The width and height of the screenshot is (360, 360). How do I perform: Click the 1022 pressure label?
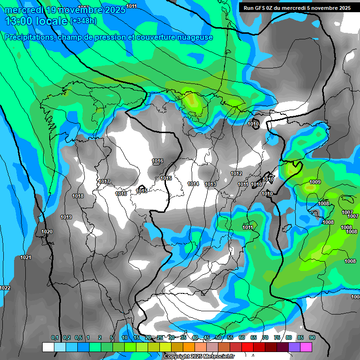[x=5, y=288]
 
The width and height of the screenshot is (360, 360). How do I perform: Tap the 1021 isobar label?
[x=26, y=258]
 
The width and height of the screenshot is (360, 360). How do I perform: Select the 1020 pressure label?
[x=47, y=232]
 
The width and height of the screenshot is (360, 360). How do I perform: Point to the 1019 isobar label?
[x=66, y=217]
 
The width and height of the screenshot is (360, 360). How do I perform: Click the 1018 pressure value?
[x=78, y=196]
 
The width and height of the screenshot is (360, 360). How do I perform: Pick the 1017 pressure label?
[x=104, y=181]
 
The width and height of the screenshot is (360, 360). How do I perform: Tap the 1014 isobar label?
[x=193, y=184]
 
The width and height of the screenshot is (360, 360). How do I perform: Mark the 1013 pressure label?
[x=210, y=184]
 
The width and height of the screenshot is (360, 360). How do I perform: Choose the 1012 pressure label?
[x=236, y=173]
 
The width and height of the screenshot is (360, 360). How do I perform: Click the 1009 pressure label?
[x=315, y=182]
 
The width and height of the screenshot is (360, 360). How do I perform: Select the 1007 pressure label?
[x=347, y=212]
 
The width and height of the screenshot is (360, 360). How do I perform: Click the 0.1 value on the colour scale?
[x=55, y=337]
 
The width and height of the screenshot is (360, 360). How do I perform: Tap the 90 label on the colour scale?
[x=312, y=337]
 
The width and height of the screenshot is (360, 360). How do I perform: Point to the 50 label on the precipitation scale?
[x=218, y=337]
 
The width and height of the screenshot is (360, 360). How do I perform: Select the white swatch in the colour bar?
[x=48, y=347]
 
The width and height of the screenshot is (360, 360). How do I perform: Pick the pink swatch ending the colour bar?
[x=306, y=347]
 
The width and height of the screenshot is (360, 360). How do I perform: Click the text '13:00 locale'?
[x=36, y=21]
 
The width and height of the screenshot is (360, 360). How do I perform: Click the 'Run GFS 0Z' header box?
[x=297, y=8]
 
